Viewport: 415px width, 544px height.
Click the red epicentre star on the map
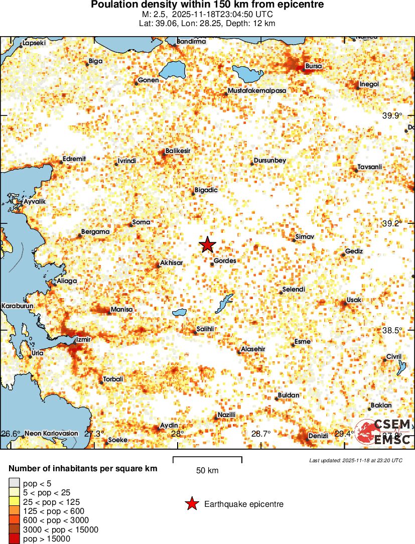[207, 245]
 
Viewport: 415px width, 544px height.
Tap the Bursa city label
[314, 66]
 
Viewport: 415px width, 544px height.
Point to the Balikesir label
[178, 151]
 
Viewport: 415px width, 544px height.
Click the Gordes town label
[225, 261]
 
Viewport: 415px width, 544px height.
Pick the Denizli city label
[318, 436]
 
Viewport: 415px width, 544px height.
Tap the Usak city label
[354, 300]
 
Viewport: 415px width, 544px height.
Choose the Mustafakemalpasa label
[256, 90]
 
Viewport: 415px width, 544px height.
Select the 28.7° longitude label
[261, 434]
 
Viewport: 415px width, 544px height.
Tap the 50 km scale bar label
[207, 471]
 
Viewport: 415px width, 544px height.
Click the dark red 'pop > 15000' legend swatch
[14, 538]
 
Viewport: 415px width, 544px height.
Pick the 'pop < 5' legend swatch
[14, 484]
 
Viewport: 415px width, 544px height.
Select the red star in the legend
[191, 504]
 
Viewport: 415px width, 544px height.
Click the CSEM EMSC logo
[384, 432]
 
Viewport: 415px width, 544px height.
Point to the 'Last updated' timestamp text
[355, 460]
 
